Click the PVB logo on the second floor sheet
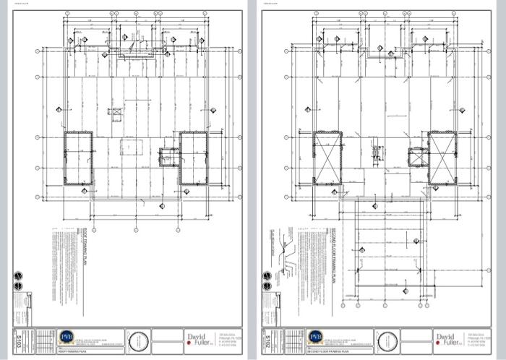[315, 338]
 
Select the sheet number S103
[18, 339]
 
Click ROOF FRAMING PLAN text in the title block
[72, 351]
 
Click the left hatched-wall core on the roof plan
[79, 158]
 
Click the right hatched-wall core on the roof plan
[193, 158]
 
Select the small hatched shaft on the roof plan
[168, 155]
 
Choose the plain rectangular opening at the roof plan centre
[130, 148]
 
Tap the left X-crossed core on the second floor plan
[327, 158]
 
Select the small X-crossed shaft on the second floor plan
[416, 156]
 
